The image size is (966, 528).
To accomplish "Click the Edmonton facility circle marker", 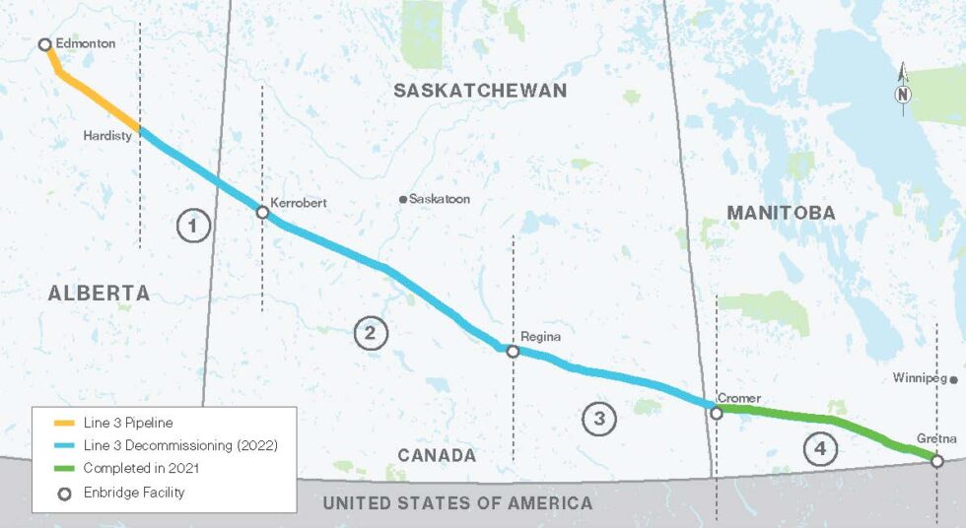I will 44,44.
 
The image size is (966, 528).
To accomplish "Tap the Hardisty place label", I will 107,136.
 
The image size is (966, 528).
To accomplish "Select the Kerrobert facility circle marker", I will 262,212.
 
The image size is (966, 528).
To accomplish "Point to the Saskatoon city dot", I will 403,199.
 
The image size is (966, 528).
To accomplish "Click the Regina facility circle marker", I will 513,351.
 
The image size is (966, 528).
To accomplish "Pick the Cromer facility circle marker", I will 717,414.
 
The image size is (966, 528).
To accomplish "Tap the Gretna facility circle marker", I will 936,460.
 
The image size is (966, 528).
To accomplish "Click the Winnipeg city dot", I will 954,378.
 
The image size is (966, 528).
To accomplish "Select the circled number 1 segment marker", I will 193,227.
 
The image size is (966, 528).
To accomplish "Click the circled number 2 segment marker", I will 371,333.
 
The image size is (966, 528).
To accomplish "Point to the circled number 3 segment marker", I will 598,420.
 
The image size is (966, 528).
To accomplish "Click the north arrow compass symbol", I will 903,91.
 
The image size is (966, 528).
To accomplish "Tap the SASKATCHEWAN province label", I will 480,91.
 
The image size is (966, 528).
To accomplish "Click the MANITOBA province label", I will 781,212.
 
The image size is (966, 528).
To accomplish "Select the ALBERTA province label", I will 99,293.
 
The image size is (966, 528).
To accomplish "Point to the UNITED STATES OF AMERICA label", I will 458,503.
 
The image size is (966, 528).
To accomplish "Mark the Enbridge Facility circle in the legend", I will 63,492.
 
